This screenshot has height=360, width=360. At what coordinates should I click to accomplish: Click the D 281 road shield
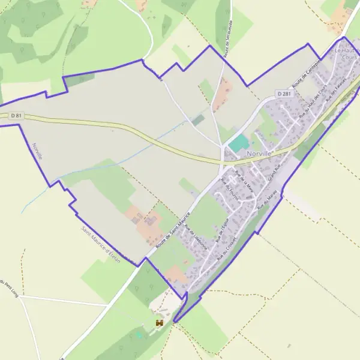point(284,94)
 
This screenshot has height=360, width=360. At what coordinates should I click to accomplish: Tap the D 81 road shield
point(16,115)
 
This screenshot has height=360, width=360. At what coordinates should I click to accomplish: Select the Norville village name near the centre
point(259,153)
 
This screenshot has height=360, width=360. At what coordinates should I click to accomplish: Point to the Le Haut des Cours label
point(347,55)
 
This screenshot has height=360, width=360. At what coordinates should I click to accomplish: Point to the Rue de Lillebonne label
point(196,237)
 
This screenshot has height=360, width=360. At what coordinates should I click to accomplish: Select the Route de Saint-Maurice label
point(173,230)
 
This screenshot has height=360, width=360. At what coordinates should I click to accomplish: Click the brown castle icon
point(159,323)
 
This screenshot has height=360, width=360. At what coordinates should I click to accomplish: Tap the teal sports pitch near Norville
point(238,143)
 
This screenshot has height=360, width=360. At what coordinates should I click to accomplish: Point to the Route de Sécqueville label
point(228,43)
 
